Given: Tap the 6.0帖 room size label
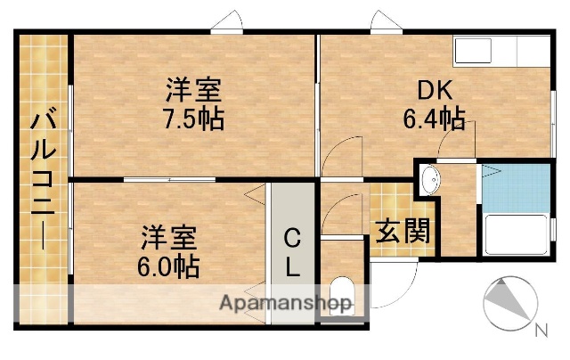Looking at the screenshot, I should coord(168,265).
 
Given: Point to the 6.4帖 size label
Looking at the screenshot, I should coord(434,118).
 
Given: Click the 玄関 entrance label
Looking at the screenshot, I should coord(402,232).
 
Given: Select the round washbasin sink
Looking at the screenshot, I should coord(428,179).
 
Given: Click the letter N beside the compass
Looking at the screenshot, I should coord(541,331).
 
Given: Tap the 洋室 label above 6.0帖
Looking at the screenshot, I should coord(168,238).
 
